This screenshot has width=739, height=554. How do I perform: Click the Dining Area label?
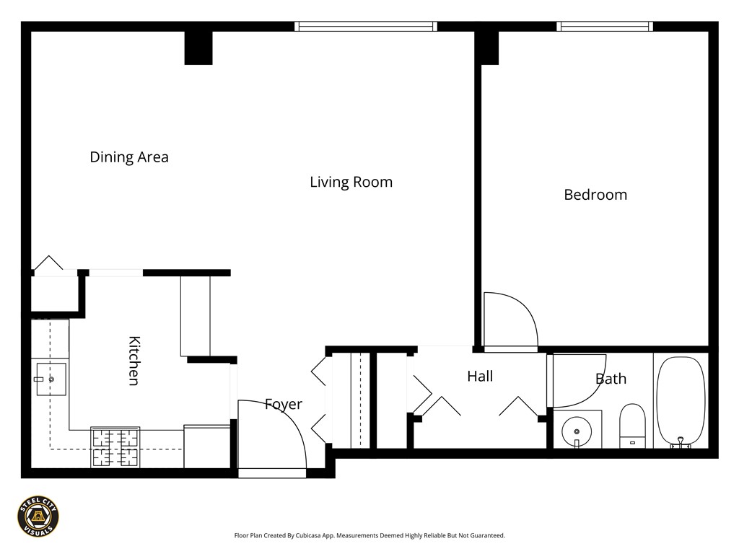[x=129, y=157]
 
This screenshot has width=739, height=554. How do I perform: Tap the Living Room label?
[x=351, y=182]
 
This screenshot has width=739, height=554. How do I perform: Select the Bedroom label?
[x=595, y=194]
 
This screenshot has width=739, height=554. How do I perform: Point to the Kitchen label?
[x=134, y=361]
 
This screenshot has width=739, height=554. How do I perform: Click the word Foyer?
[x=283, y=404]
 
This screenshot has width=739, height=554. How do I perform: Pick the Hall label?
[x=480, y=376]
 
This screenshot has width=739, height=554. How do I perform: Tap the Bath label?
[x=611, y=379]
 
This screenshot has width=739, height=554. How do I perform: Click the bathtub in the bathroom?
[x=681, y=400]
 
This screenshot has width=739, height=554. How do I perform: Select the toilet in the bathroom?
[x=631, y=426]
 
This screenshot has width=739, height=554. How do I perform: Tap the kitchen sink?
[x=51, y=379]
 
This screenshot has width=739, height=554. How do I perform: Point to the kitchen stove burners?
[x=115, y=447]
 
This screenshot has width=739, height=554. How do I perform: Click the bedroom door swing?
[x=509, y=321]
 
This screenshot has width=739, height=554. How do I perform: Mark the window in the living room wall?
[x=366, y=27]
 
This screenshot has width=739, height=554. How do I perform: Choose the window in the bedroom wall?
[x=605, y=27]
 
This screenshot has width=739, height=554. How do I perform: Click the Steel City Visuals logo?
[x=38, y=516]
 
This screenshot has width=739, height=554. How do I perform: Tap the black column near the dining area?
[x=198, y=48]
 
